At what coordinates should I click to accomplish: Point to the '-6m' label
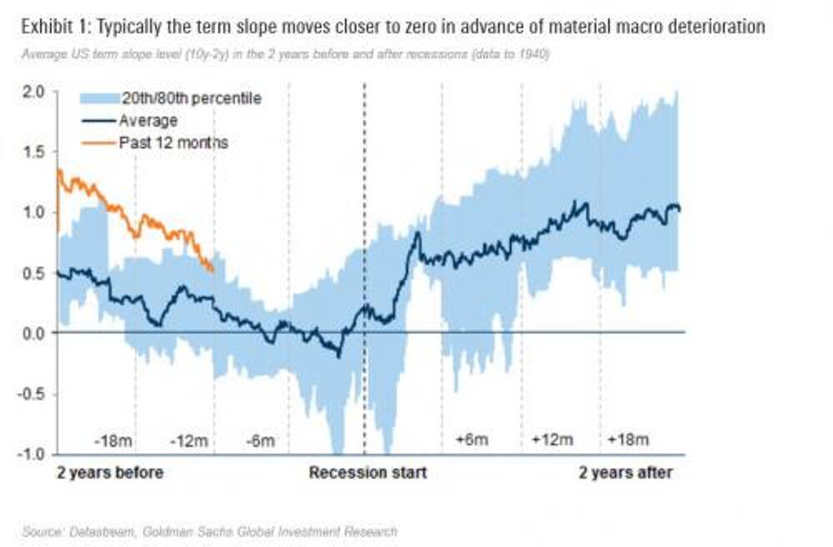[262, 439]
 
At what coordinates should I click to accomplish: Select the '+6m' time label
[471, 439]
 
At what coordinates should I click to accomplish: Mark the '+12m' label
[552, 439]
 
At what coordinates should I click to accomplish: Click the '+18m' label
[628, 439]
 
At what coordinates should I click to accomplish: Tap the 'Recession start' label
[367, 473]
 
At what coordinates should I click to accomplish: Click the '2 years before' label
[110, 473]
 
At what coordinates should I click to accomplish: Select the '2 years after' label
[626, 473]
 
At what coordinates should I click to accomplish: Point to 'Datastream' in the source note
[92, 531]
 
